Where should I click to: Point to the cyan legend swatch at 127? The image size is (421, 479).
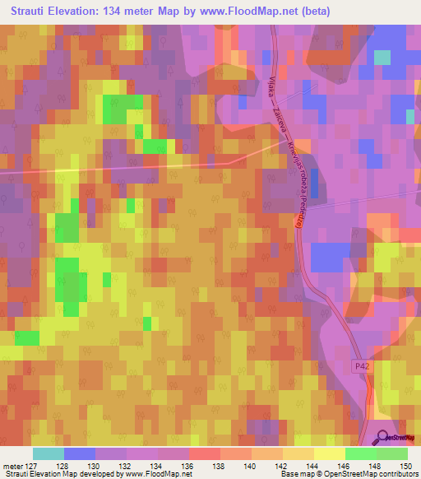[x=48, y=453]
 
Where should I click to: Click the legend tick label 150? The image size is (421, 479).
[x=406, y=466]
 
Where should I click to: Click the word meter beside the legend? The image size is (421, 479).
[x=14, y=466]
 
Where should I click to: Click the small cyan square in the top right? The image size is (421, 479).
[x=382, y=57]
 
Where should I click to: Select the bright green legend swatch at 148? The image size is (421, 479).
[x=360, y=453]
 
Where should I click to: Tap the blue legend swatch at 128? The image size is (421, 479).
[x=79, y=453]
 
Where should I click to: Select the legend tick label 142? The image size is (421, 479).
[x=281, y=466]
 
